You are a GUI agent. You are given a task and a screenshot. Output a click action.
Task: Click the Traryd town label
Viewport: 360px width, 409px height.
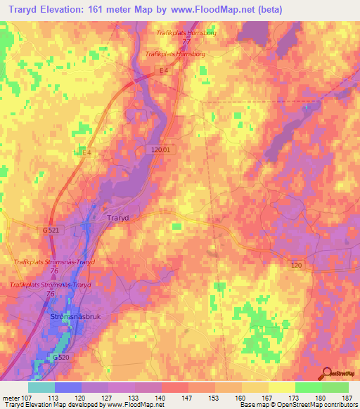click(x=118, y=218)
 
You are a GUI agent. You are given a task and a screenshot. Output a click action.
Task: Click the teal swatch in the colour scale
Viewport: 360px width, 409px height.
click(x=41, y=387)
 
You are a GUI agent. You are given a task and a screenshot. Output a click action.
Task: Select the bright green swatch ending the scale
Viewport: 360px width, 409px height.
click(x=335, y=387)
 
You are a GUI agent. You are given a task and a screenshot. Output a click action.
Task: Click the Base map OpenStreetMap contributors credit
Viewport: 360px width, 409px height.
click(x=297, y=405)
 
